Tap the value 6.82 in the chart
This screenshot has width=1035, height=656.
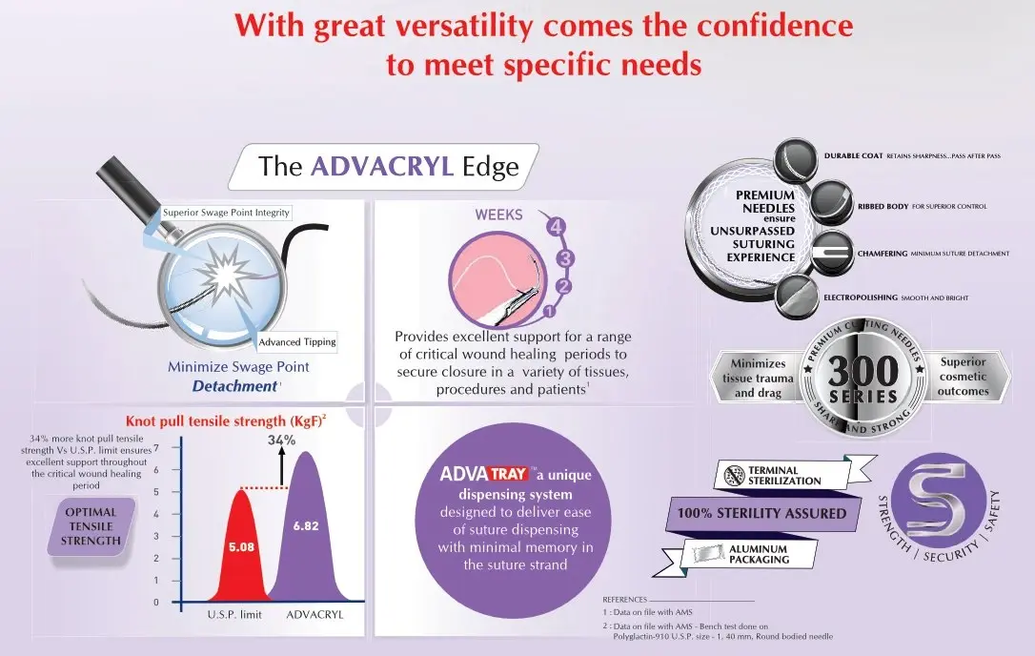click(x=306, y=526)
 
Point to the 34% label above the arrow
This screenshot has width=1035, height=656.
click(x=282, y=440)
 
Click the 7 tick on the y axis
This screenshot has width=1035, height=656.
click(x=156, y=448)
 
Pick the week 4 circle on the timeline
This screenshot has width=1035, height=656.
click(x=556, y=227)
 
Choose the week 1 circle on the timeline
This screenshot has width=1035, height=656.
click(x=549, y=311)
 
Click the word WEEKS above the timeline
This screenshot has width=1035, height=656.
click(x=499, y=215)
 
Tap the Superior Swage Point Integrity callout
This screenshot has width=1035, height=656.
click(x=227, y=213)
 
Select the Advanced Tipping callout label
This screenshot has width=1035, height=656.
click(x=297, y=341)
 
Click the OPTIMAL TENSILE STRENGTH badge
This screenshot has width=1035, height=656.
click(x=91, y=526)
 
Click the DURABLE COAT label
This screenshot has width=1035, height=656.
click(x=853, y=156)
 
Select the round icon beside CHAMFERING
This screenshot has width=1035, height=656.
click(x=832, y=253)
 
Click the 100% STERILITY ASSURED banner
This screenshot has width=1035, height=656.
click(x=761, y=513)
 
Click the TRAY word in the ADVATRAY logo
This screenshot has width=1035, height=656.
click(x=508, y=474)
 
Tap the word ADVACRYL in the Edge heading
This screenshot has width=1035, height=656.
click(x=382, y=167)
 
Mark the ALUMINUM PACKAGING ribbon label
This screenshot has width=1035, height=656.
click(x=759, y=554)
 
